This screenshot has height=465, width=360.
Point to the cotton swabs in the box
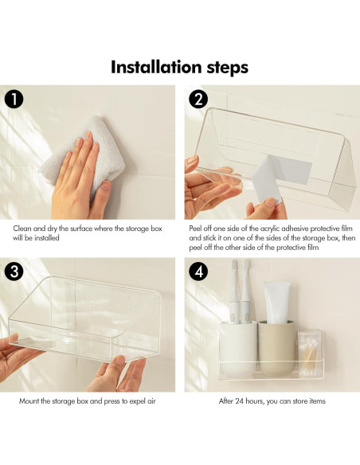pos(307,354)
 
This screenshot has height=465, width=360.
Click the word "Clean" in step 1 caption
pos(22,229)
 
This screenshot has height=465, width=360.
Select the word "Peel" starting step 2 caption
pos(198,229)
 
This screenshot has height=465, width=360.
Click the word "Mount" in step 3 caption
pos(29,401)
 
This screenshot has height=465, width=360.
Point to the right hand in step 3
pos(119,374)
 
